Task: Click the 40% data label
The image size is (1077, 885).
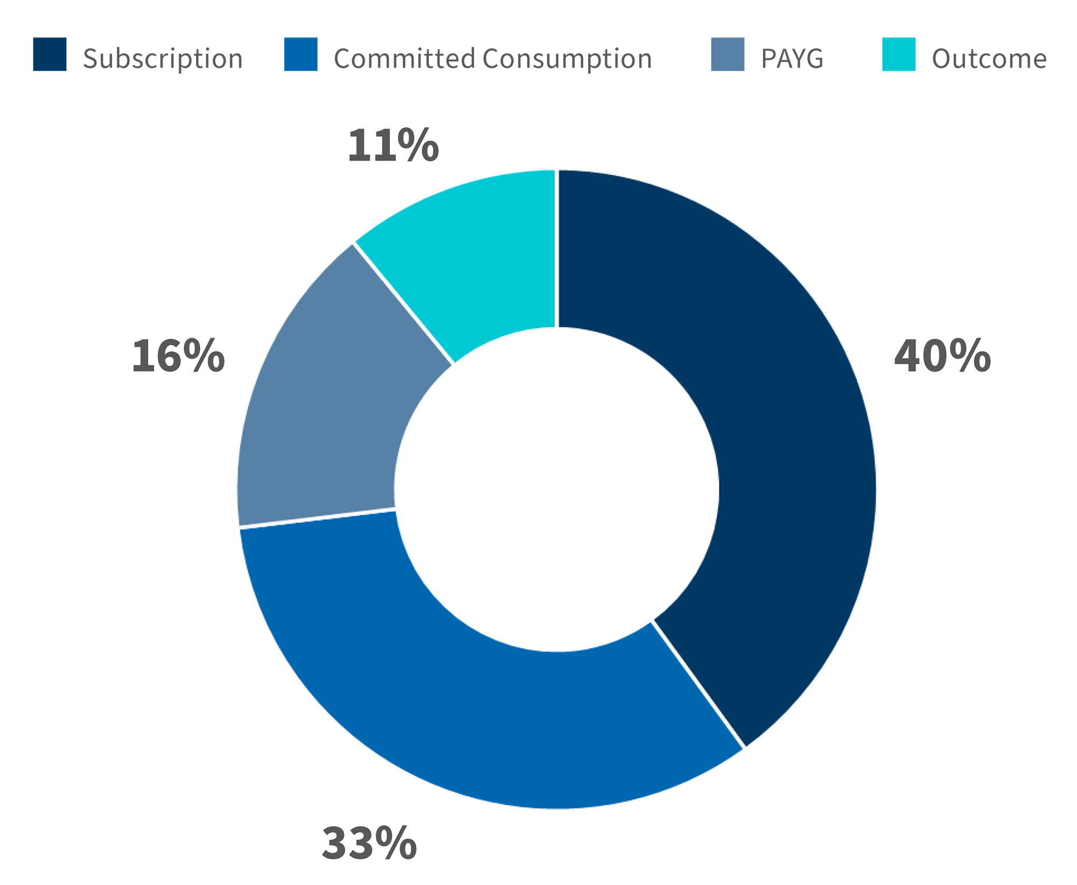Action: [x=942, y=356]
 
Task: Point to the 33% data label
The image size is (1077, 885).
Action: [x=369, y=843]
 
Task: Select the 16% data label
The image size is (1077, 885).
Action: [x=178, y=356]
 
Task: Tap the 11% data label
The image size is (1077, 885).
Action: [x=393, y=145]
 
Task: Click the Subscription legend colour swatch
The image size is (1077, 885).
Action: [x=50, y=54]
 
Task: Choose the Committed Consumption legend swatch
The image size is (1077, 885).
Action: [x=300, y=54]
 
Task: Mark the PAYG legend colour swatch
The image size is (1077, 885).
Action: [x=727, y=54]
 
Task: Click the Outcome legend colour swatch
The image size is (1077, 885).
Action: [x=898, y=54]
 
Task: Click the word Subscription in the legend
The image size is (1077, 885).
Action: [x=163, y=59]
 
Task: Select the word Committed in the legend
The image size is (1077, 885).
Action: [x=404, y=58]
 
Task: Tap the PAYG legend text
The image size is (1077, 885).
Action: [x=792, y=59]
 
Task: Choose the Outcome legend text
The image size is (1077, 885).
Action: [x=989, y=59]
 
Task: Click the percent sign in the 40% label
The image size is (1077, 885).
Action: [x=969, y=356]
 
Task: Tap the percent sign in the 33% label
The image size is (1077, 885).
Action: [x=396, y=843]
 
